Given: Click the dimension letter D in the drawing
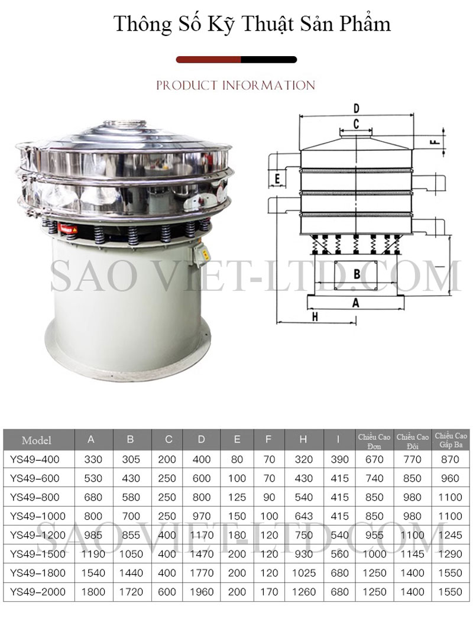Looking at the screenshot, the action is pyautogui.click(x=356, y=109).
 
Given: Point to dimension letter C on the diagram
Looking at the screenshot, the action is pyautogui.click(x=356, y=124).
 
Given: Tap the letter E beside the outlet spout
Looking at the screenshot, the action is pyautogui.click(x=277, y=179).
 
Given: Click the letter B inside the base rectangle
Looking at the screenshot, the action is pyautogui.click(x=357, y=274).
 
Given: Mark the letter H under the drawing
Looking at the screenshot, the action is pyautogui.click(x=315, y=316).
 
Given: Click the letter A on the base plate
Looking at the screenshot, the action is pyautogui.click(x=356, y=303).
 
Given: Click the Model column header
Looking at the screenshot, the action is pyautogui.click(x=37, y=441).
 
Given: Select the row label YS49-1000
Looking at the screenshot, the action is pyautogui.click(x=38, y=516).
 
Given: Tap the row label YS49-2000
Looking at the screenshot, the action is pyautogui.click(x=38, y=591).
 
